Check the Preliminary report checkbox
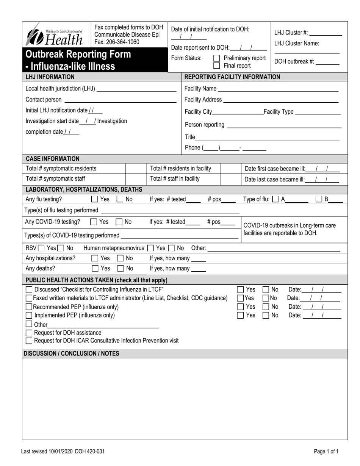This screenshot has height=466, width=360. coord(217,58)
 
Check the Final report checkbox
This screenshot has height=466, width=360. coord(217,66)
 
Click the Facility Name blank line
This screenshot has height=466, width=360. coord(278,89)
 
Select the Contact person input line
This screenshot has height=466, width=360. coord(120,100)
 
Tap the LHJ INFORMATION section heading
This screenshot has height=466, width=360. coord(50,77)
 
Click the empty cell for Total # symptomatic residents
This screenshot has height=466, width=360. coord(136,169)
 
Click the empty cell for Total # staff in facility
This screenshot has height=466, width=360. coord(230,179)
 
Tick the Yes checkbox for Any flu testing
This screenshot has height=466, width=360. coord(94,199)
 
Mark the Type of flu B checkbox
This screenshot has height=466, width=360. coord(319,199)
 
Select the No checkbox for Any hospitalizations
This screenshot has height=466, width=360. coord(120,258)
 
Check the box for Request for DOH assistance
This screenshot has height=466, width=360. coord(29,333)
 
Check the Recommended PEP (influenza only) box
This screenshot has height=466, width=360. coord(29,307)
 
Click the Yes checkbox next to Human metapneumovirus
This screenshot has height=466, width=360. coord(150,249)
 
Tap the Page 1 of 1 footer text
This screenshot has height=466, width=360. coord(326,451)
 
